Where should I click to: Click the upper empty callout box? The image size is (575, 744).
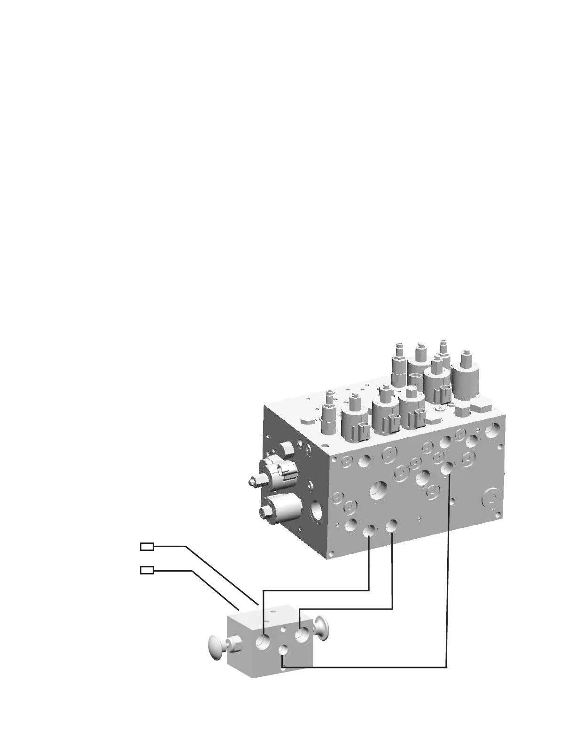click(x=147, y=546)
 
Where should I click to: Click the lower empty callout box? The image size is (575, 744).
click(x=147, y=570)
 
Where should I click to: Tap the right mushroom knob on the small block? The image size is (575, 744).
click(x=322, y=627)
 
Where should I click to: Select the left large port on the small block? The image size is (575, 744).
click(x=263, y=642)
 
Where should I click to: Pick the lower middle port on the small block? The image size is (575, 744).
click(x=283, y=650)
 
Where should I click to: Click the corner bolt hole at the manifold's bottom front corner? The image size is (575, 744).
click(x=332, y=554)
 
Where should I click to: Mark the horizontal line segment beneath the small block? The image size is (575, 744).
click(x=364, y=667)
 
